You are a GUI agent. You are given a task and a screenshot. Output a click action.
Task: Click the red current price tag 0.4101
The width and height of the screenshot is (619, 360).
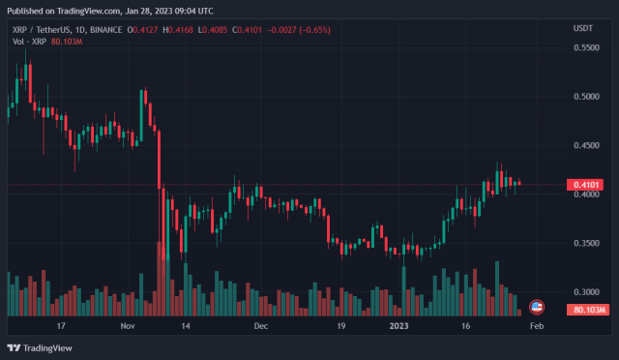(588, 184)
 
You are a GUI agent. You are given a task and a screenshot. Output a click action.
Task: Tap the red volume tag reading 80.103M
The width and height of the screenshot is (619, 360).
(588, 310)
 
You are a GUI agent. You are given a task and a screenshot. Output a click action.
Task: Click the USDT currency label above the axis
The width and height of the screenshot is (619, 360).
(583, 29)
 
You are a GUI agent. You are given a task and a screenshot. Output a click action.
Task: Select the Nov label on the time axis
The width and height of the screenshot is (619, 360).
(128, 327)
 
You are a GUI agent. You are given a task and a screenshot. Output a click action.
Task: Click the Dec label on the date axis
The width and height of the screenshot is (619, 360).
(260, 327)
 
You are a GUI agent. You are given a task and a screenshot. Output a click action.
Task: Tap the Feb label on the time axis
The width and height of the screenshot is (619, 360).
(537, 327)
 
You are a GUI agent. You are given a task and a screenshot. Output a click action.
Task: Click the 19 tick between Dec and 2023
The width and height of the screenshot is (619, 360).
(340, 327)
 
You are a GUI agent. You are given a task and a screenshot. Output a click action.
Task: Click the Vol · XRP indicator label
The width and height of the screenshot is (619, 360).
(24, 43)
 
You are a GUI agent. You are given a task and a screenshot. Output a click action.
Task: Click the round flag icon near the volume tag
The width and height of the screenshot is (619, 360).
(538, 307)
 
